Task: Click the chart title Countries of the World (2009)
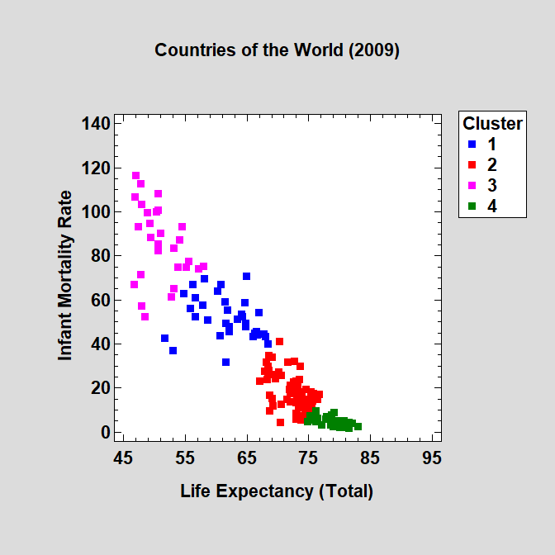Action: (x=277, y=50)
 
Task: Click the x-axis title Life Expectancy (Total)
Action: (x=277, y=491)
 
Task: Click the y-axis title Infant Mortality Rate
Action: (x=65, y=276)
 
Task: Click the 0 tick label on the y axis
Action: (x=104, y=432)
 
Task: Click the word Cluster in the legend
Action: (x=492, y=124)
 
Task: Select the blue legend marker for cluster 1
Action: (x=472, y=145)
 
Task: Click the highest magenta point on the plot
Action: (x=135, y=175)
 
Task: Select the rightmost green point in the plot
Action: (x=358, y=427)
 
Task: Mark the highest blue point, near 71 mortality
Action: (x=246, y=276)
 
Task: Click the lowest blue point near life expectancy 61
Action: (x=225, y=362)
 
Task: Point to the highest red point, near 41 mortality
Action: (x=279, y=341)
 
